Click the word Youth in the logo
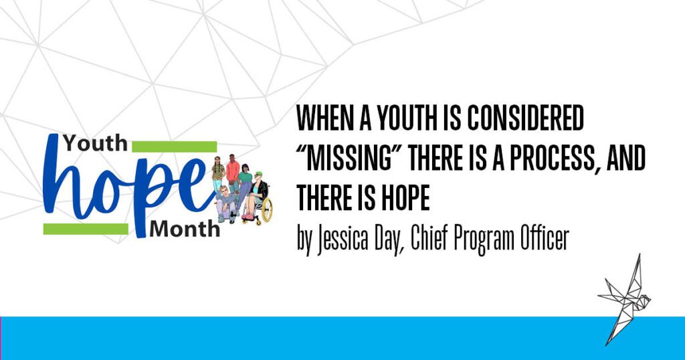[95, 142]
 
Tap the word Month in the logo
[185, 229]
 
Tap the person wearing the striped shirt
[217, 175]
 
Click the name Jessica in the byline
[344, 240]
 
